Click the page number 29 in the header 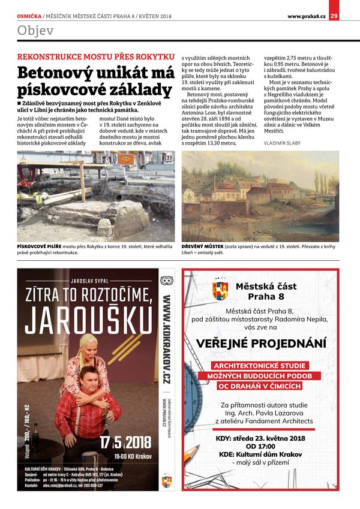[x=334, y=15]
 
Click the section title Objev [x=35, y=31]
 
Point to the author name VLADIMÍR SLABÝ [x=282, y=143]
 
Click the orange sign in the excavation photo [x=126, y=160]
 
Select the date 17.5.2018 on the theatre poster [x=125, y=444]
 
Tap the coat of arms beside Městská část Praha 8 [x=220, y=292]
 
